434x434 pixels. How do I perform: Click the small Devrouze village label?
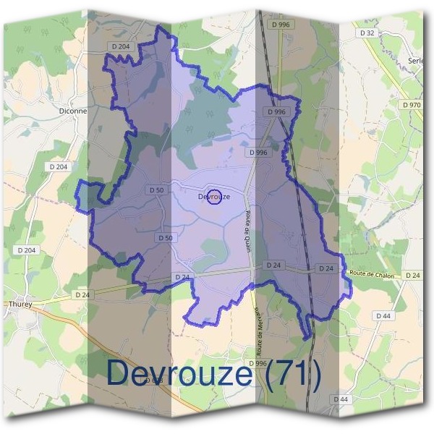[x=214, y=196]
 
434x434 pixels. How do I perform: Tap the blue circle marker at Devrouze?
[x=214, y=197]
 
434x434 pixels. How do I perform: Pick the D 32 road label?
[x=367, y=33]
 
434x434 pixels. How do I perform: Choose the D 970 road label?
[x=411, y=105]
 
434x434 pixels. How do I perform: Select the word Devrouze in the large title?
[x=179, y=374]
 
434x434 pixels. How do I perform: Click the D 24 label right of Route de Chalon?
[x=412, y=276]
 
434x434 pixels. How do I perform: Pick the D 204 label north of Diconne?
[x=121, y=46]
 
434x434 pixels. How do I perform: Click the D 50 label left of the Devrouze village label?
[x=156, y=190]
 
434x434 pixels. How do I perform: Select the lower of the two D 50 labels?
[x=165, y=237]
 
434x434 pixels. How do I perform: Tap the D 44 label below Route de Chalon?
[x=383, y=316]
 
